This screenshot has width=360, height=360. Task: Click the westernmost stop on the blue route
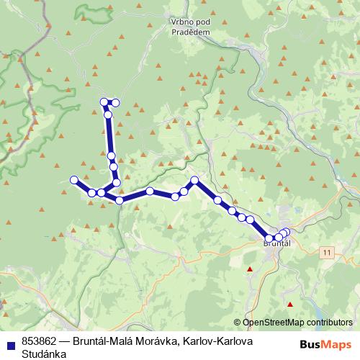pyautogui.click(x=73, y=179)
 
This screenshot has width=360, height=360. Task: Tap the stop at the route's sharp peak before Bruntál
pyautogui.click(x=194, y=181)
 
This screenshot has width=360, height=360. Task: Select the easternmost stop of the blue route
pyautogui.click(x=287, y=231)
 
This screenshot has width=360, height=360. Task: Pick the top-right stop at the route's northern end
pyautogui.click(x=115, y=102)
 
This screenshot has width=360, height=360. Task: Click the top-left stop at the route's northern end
pyautogui.click(x=104, y=102)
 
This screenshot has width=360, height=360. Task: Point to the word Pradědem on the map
pyautogui.click(x=190, y=32)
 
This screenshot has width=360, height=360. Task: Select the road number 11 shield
pyautogui.click(x=328, y=251)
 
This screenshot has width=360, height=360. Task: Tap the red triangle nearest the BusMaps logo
pyautogui.click(x=289, y=305)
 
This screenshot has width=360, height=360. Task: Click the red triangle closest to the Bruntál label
pyautogui.click(x=250, y=269)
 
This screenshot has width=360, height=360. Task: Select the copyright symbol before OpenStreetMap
pyautogui.click(x=238, y=323)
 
